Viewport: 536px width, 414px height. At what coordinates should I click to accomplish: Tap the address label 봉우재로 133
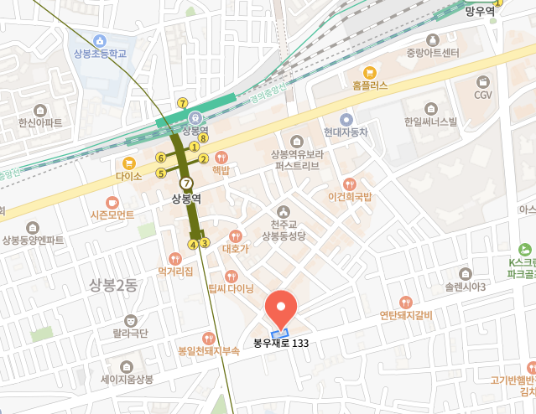tap(287, 343)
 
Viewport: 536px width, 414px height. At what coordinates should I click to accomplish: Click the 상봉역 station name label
tap(187, 199)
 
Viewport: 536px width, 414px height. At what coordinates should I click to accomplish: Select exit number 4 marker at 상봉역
tap(192, 245)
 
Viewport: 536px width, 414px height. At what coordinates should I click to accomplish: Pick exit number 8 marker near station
tap(203, 137)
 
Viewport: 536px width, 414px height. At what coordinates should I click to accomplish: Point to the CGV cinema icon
tap(483, 81)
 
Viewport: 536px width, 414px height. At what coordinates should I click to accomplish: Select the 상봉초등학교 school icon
tap(100, 40)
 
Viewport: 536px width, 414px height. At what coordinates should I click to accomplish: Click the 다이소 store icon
tap(129, 163)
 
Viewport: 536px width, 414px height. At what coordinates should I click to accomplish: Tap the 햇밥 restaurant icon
tap(221, 157)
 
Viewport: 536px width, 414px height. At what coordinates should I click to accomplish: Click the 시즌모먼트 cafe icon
tap(112, 202)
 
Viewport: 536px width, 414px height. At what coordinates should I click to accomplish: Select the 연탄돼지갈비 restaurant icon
tap(406, 303)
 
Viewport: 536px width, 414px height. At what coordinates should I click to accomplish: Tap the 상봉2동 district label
tap(113, 285)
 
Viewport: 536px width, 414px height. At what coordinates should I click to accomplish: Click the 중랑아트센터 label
tap(433, 54)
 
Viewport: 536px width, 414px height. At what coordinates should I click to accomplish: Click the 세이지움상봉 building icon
tap(127, 379)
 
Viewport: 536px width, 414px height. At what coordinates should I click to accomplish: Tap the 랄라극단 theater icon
tap(130, 320)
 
